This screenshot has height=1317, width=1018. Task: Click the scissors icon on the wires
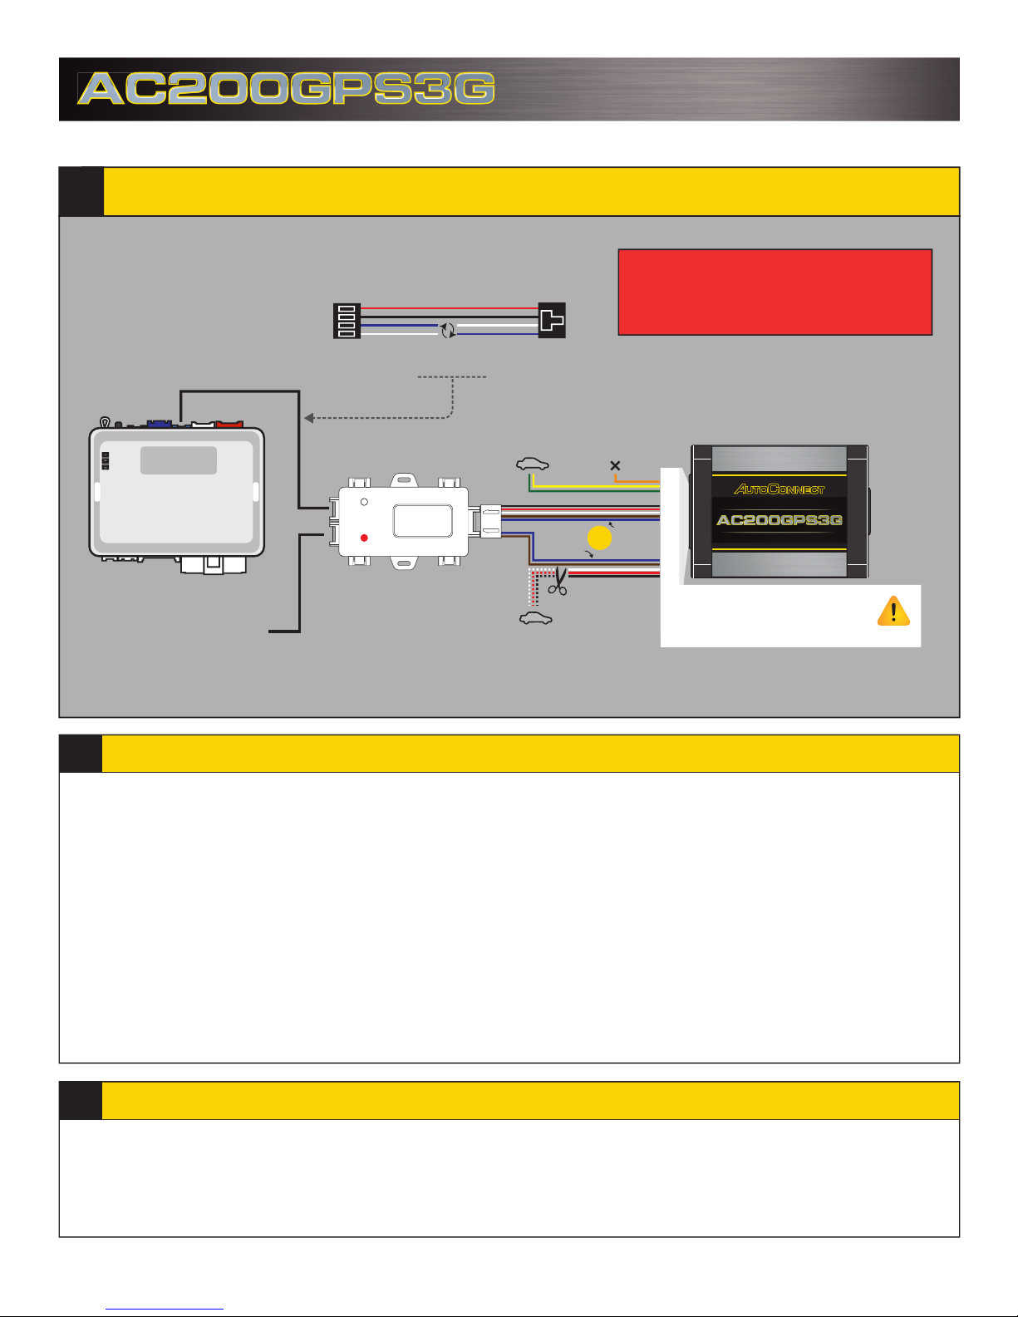(x=557, y=581)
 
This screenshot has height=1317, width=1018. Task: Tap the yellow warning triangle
(x=893, y=612)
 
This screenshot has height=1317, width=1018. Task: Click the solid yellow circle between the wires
(x=599, y=538)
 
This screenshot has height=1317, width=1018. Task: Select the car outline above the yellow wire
(x=532, y=464)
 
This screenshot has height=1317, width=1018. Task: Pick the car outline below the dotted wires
(x=535, y=618)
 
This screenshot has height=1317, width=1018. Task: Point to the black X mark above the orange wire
(x=615, y=465)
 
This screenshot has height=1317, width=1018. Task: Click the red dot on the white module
(x=364, y=538)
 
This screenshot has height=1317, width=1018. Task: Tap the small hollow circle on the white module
(x=364, y=503)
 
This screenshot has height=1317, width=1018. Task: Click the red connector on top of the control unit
(x=228, y=425)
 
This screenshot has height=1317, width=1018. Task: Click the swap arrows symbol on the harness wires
(x=448, y=330)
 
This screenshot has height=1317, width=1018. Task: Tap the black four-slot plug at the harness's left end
(x=347, y=321)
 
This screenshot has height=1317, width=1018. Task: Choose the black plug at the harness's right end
(x=552, y=320)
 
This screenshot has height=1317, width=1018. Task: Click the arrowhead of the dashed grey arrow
(x=308, y=418)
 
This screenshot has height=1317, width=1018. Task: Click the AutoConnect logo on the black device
(x=779, y=489)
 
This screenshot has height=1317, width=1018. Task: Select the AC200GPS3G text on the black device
(x=779, y=520)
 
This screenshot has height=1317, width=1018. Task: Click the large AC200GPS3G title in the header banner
(x=287, y=89)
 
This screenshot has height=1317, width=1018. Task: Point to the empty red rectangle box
(x=775, y=292)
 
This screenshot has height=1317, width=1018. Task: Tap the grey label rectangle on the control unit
(x=178, y=460)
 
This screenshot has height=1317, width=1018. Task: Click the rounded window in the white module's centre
(x=422, y=521)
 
